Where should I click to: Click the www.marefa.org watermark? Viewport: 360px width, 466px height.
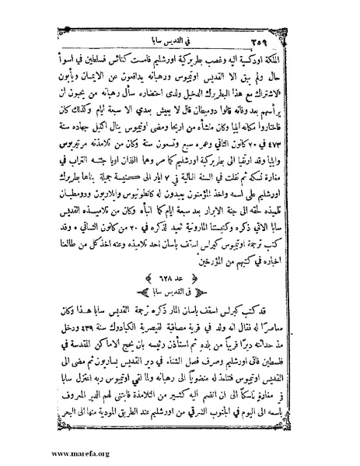(40, 450)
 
